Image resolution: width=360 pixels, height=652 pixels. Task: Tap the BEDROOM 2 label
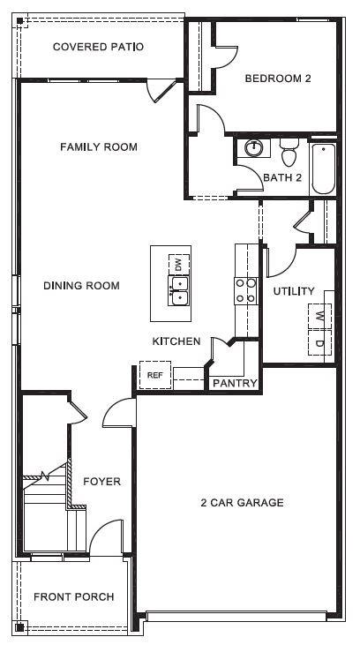pos(278,79)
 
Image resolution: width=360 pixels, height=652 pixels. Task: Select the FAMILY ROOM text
pos(98,146)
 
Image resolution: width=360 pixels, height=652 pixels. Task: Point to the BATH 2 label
pos(282,178)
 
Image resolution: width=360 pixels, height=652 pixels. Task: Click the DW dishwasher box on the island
pos(179,263)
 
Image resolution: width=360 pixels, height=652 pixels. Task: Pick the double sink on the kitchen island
pos(179,290)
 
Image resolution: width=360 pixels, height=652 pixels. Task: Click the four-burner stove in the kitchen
pos(245,290)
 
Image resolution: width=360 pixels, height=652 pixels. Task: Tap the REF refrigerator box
pos(155,375)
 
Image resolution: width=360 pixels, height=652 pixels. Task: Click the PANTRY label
pos(235,383)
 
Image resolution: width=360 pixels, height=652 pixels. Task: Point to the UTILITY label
pos(294,291)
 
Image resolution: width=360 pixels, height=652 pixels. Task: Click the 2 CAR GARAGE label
pos(242,503)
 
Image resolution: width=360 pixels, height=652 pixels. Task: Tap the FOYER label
pos(101,482)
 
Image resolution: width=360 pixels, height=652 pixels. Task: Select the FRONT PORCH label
pos(73,597)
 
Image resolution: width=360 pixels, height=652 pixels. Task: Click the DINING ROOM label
pos(81,286)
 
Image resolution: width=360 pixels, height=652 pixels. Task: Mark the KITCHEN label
pos(176,341)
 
